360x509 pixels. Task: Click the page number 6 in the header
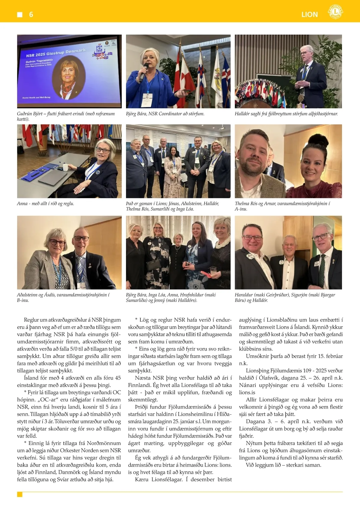(31, 14)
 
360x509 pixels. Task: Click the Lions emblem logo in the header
(335, 12)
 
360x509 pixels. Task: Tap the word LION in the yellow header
(310, 15)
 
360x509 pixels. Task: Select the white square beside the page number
(20, 14)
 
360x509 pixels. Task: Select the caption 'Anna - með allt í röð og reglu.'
(45, 203)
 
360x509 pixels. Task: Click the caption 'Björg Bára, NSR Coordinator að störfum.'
(165, 114)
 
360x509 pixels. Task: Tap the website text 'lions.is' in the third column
(247, 392)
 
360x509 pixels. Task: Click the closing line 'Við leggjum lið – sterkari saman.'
(283, 465)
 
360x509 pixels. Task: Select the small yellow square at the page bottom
(20, 494)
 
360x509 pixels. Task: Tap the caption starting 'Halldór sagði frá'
(286, 114)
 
